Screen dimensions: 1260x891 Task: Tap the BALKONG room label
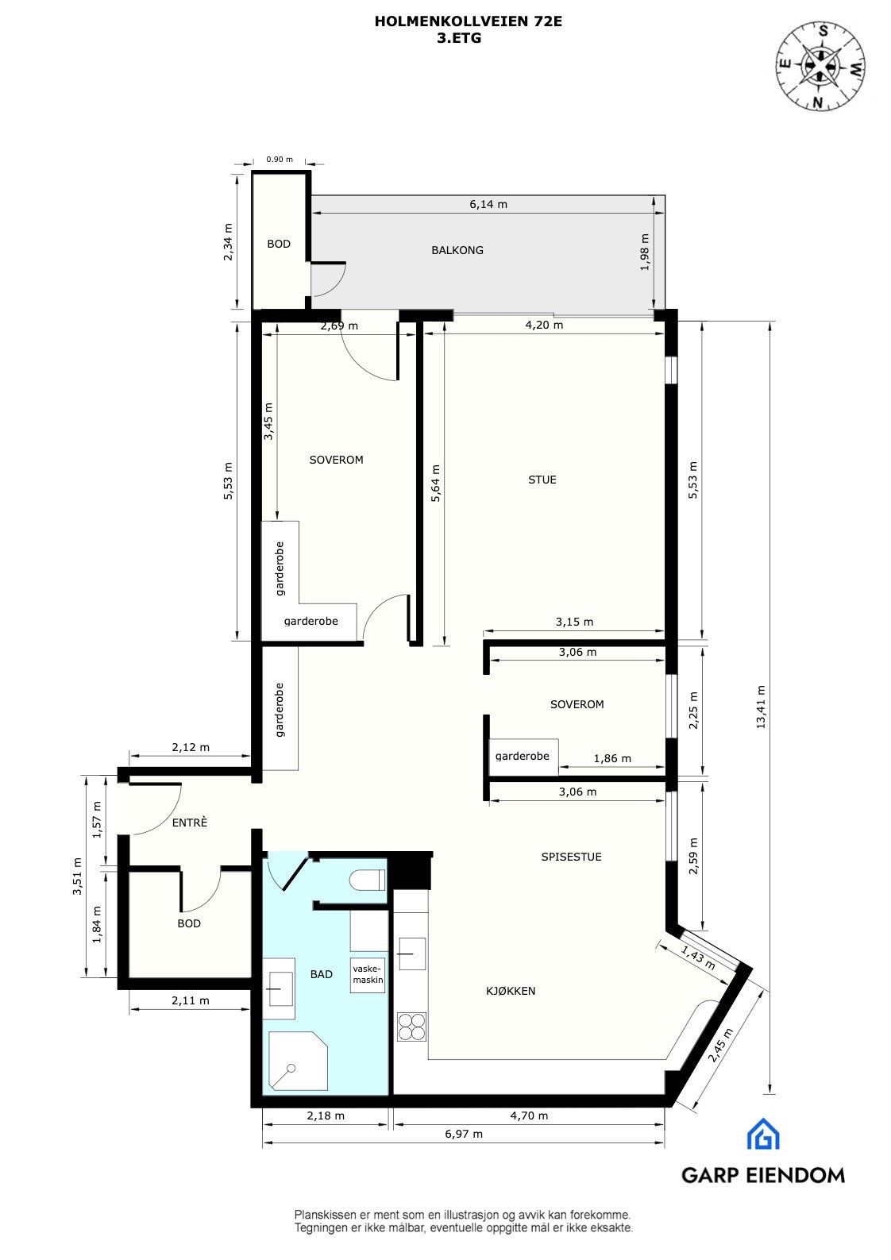457,250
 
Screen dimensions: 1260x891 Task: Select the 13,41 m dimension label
762,707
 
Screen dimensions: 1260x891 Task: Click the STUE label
542,480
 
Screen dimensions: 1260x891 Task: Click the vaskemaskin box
368,975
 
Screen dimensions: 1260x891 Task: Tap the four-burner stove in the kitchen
411,1027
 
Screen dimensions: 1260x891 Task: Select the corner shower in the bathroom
298,1061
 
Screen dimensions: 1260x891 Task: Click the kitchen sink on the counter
411,953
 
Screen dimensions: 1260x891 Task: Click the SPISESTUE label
571,857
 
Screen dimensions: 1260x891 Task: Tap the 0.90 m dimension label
280,159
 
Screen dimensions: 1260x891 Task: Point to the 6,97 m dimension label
464,1134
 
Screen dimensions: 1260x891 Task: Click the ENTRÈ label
190,823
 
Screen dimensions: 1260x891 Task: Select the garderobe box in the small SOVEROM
523,757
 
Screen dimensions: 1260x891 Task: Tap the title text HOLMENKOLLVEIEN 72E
469,22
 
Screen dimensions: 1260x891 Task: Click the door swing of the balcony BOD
328,279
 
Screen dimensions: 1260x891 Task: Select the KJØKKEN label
511,991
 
